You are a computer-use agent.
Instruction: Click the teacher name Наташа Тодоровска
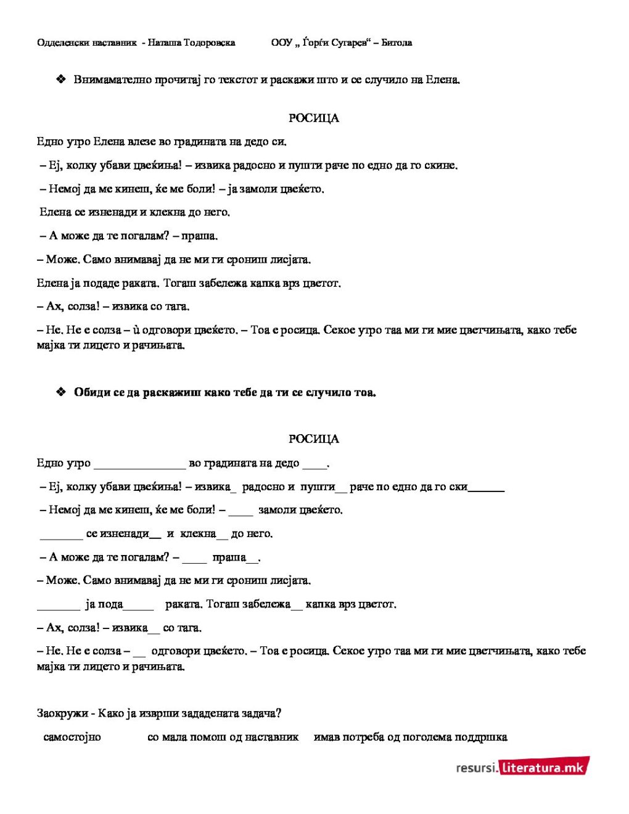(191, 43)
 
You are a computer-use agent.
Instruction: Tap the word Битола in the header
(397, 43)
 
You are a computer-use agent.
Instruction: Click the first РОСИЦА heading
(314, 118)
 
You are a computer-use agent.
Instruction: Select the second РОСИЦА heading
(314, 439)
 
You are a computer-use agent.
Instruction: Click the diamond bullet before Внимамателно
(61, 79)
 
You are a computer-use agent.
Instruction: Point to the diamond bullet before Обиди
(61, 392)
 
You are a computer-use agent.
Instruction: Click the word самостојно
(72, 737)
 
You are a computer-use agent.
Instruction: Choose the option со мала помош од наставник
(223, 737)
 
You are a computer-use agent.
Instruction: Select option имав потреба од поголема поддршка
(410, 737)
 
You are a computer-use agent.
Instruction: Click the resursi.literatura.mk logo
(522, 767)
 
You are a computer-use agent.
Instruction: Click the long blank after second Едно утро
(139, 466)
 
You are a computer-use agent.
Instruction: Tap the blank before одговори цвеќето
(139, 654)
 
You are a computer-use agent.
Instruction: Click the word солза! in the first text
(82, 306)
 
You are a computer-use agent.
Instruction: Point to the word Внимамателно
(113, 80)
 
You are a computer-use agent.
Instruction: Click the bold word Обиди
(92, 392)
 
